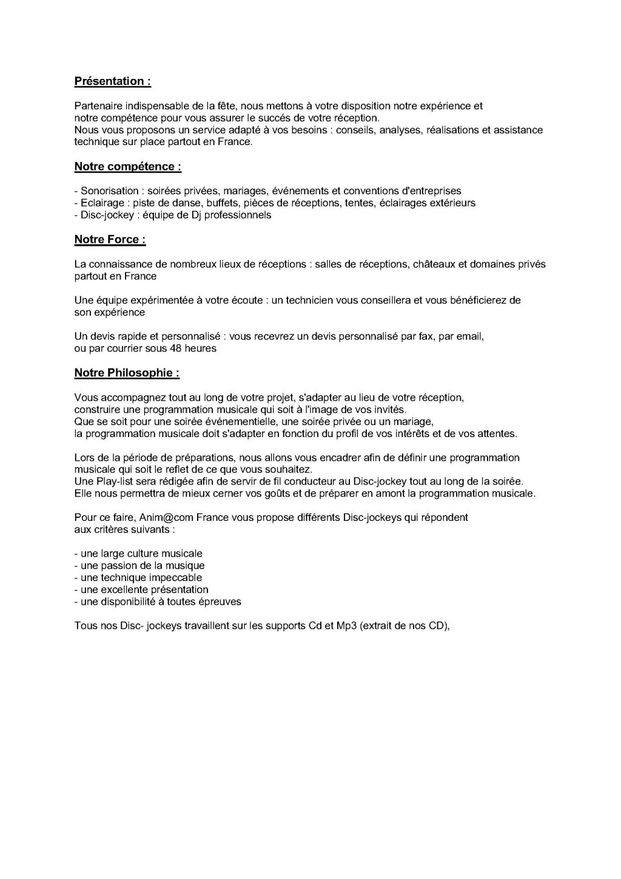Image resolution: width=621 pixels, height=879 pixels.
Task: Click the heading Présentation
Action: pos(112,81)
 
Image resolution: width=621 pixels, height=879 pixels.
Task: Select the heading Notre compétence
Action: pos(127,166)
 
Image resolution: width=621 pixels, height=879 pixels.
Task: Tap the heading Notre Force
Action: pos(110,239)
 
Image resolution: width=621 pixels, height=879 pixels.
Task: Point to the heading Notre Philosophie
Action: pos(127,373)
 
